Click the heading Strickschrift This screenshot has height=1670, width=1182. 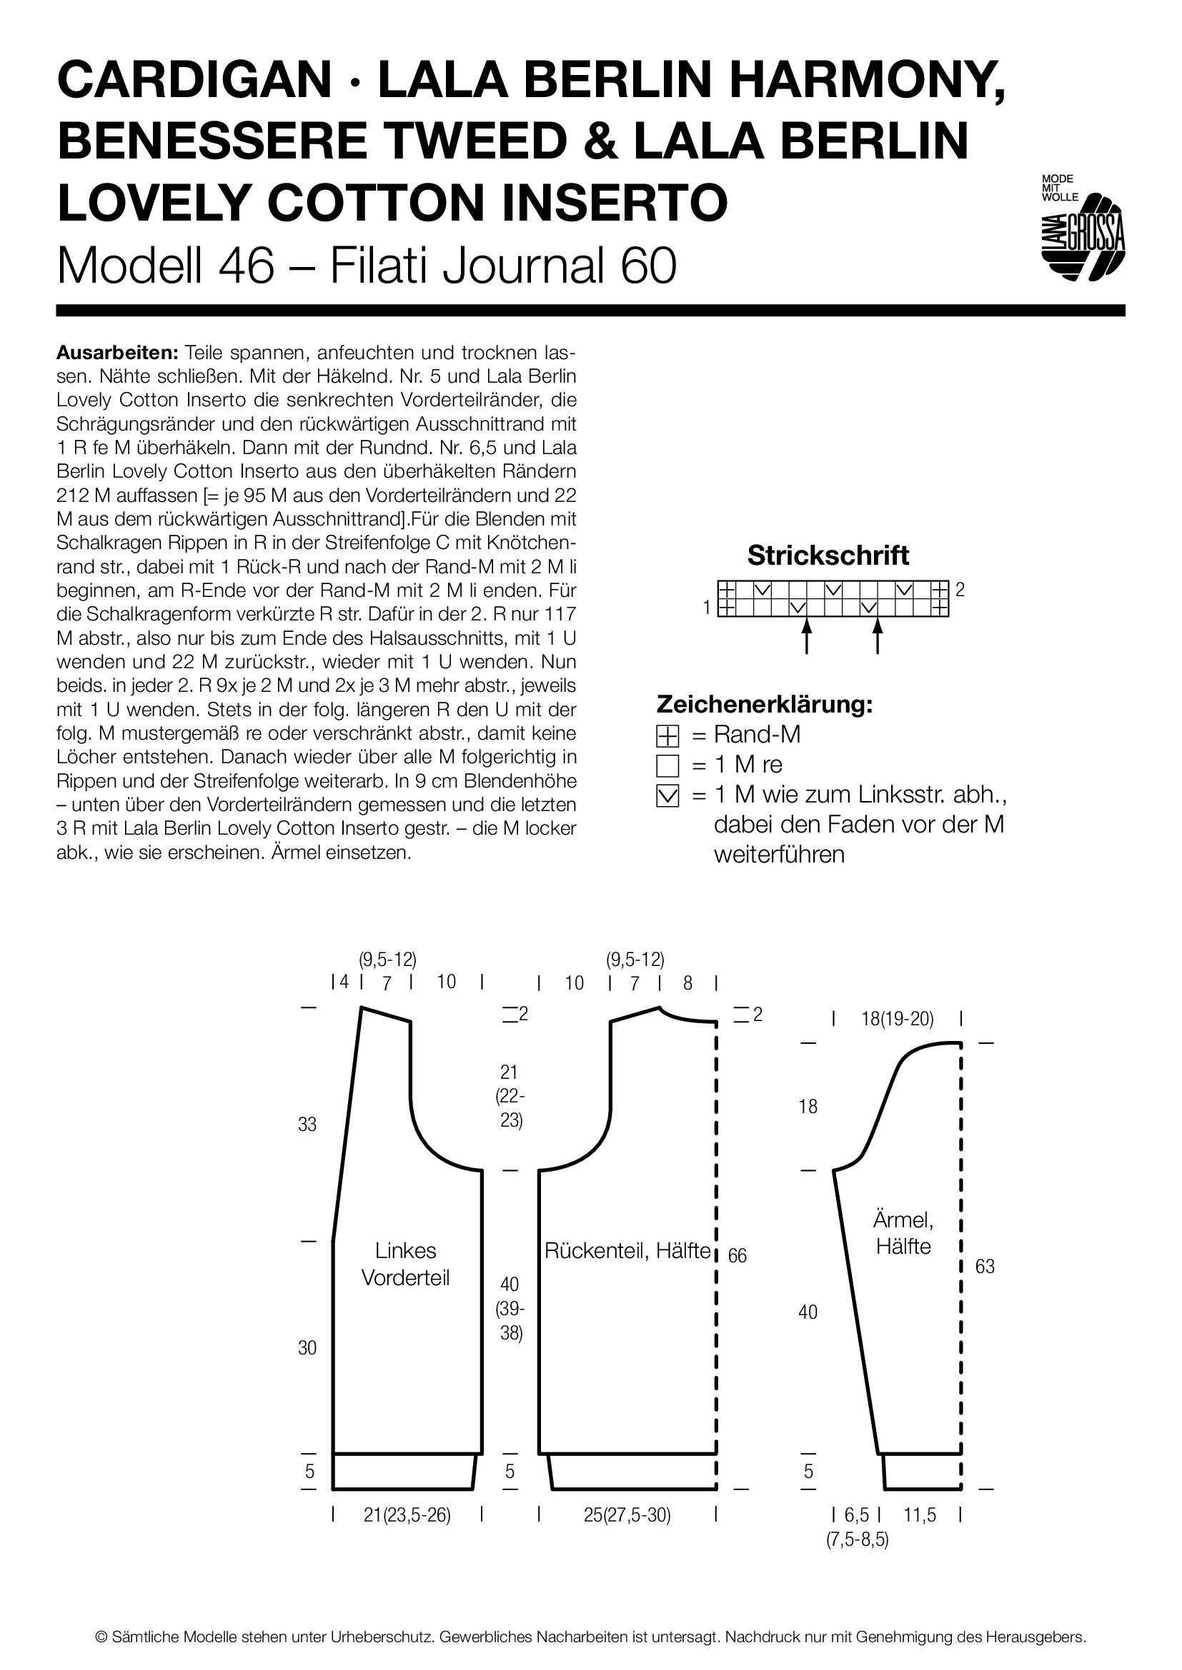point(828,555)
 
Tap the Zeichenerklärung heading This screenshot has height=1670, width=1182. point(764,704)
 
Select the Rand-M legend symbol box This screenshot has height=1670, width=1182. point(667,737)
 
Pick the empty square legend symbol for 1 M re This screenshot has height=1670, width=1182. point(667,767)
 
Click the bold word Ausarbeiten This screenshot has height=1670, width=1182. point(117,353)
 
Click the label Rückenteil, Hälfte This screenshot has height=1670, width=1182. point(627,1250)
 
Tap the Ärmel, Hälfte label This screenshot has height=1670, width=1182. point(903,1233)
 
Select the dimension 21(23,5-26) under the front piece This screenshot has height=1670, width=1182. point(407,1515)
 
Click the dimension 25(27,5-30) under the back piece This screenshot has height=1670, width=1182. point(627,1515)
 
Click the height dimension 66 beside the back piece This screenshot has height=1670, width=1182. point(737,1255)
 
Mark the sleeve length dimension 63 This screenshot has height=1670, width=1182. point(985,1267)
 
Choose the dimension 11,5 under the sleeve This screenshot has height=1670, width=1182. point(920,1515)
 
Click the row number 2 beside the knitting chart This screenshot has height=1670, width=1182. point(960,590)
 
